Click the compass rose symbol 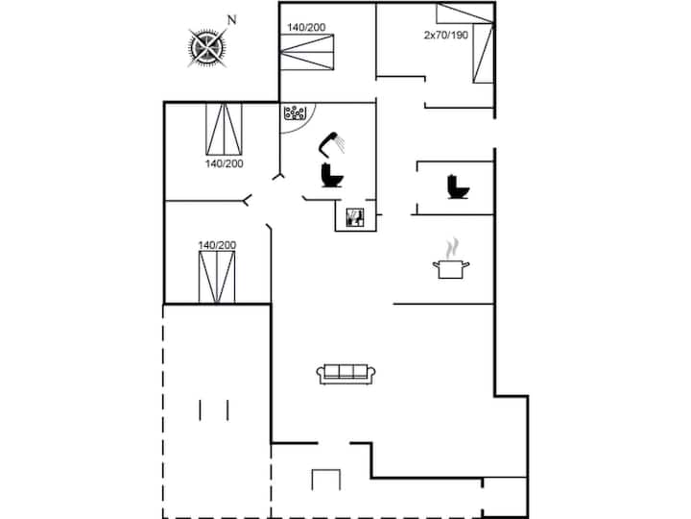[x=207, y=47]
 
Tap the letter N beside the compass [x=232, y=20]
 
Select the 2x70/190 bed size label [x=446, y=35]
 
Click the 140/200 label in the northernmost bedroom [x=306, y=27]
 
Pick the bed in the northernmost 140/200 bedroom [x=307, y=52]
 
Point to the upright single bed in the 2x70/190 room [x=483, y=54]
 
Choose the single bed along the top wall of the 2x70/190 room [x=465, y=13]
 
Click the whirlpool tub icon [x=295, y=112]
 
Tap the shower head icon [x=332, y=144]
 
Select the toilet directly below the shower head [x=332, y=175]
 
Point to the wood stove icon [x=355, y=217]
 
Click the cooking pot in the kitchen [x=450, y=269]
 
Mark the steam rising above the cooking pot [x=452, y=249]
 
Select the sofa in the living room [x=345, y=374]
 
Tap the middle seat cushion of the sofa [x=345, y=372]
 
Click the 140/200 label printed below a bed [x=225, y=163]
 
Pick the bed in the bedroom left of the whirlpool [x=224, y=129]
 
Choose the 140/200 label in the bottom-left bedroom [x=217, y=245]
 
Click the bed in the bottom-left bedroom [x=217, y=277]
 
